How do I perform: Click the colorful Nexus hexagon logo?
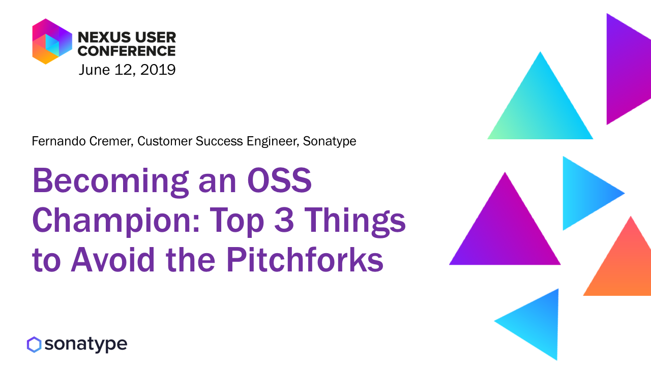(x=52, y=41)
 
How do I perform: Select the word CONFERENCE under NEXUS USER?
(x=127, y=51)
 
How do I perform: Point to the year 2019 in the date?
(x=158, y=70)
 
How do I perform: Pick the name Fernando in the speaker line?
(x=58, y=141)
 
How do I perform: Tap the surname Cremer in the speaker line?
(x=111, y=141)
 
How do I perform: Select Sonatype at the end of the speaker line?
(x=330, y=142)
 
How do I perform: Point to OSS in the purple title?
(x=280, y=180)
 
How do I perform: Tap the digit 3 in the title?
(x=284, y=220)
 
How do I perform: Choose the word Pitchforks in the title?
(x=305, y=259)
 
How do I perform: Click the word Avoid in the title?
(x=113, y=259)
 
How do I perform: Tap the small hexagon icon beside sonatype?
(x=34, y=345)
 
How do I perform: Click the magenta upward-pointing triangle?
(x=505, y=232)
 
